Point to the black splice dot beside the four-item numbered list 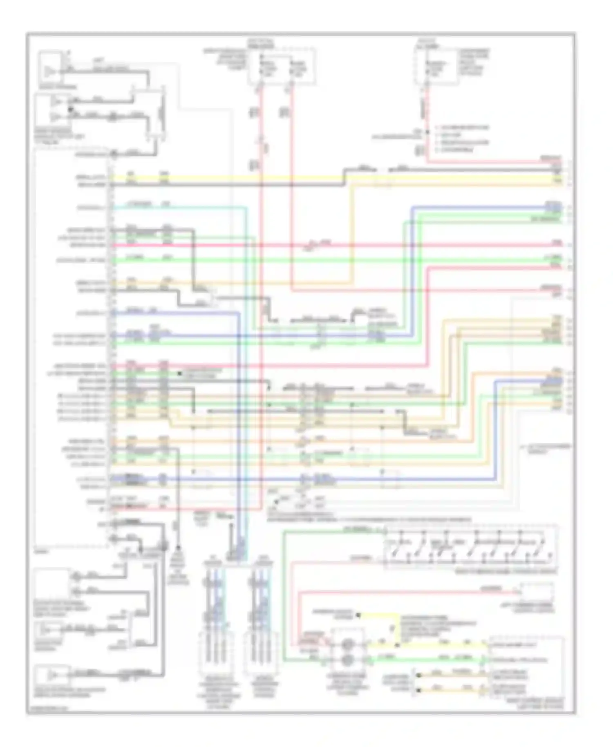(427, 132)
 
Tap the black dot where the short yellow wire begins (358, 615)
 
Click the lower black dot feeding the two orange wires (417, 690)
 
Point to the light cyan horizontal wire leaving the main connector (176, 208)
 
